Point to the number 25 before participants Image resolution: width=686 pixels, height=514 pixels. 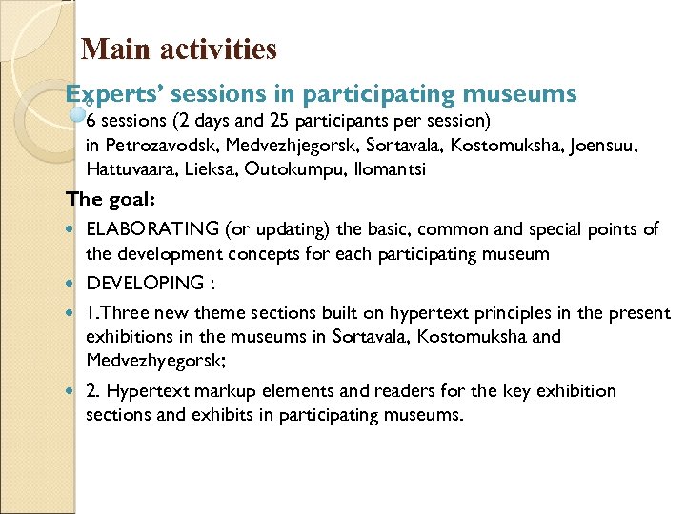click(280, 122)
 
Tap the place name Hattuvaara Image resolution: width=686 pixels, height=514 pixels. click(128, 169)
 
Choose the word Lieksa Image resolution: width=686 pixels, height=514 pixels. click(207, 169)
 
